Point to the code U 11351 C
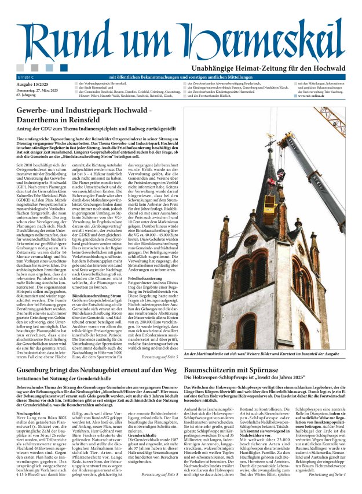[x=26, y=77]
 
